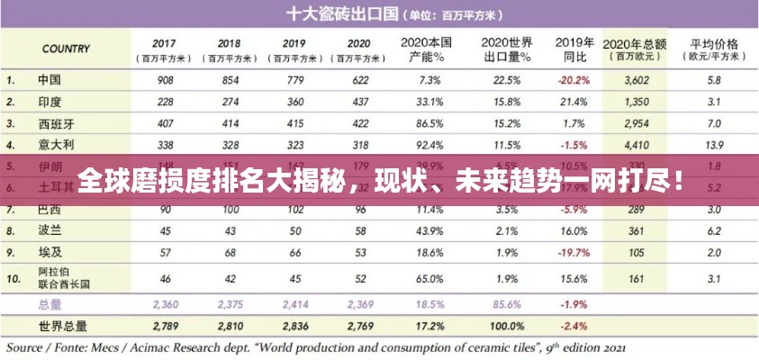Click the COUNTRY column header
[65, 49]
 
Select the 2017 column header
[164, 43]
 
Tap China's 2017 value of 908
[164, 79]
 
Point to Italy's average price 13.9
[713, 144]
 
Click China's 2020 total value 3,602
[637, 79]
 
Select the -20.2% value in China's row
[573, 79]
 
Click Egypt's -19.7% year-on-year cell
[573, 253]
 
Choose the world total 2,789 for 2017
[166, 325]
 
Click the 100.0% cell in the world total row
[506, 325]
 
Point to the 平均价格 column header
[714, 43]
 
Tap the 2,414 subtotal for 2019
[294, 304]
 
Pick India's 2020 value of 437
[359, 101]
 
